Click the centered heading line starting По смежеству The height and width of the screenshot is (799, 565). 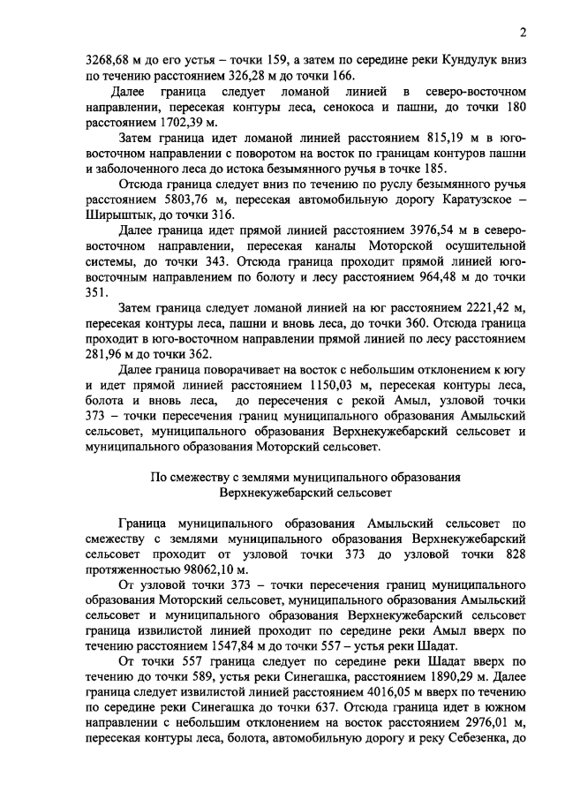(x=305, y=477)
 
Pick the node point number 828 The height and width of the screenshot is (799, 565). (x=512, y=554)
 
